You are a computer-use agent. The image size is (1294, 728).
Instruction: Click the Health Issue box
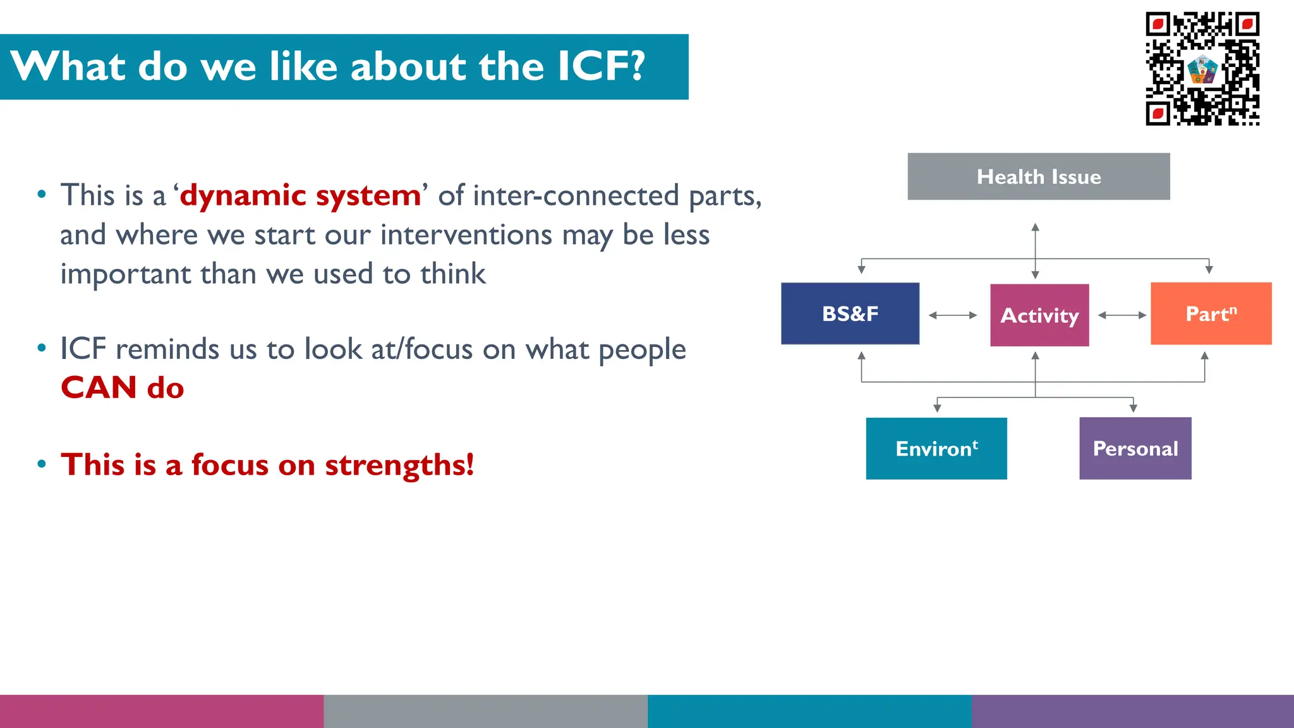click(1038, 176)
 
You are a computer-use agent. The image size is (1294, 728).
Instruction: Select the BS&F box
click(850, 313)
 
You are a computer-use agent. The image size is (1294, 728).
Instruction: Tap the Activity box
click(1039, 315)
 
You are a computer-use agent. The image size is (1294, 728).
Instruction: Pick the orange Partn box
click(1211, 313)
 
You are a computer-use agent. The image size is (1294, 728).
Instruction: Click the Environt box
click(936, 448)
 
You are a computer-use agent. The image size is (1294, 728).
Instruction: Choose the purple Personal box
click(1135, 448)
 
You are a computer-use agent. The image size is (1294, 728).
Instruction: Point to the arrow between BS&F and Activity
click(953, 315)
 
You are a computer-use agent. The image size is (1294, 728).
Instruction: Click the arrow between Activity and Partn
click(1122, 315)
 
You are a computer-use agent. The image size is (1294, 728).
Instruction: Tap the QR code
click(1202, 68)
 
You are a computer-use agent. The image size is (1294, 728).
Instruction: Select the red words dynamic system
click(300, 195)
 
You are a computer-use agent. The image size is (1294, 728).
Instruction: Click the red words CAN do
click(122, 387)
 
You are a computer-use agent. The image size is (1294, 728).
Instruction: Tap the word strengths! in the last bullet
click(399, 465)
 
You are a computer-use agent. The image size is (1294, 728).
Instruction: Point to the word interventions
click(466, 235)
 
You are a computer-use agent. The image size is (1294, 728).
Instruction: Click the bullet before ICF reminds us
click(42, 348)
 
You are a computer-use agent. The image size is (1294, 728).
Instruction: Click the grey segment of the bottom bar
click(485, 711)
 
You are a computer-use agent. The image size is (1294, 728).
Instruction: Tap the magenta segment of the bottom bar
click(162, 711)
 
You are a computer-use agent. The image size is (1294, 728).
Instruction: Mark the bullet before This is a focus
click(42, 464)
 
